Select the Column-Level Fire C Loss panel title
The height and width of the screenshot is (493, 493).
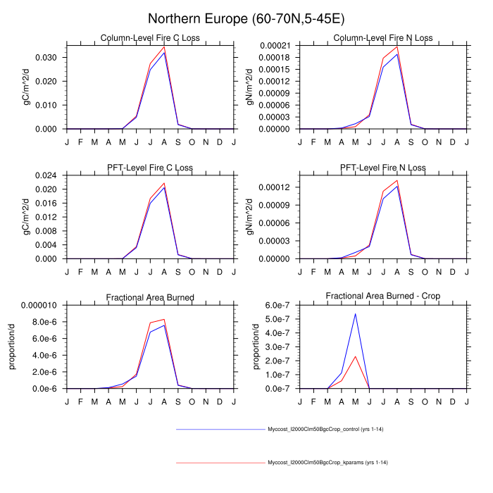(x=150, y=38)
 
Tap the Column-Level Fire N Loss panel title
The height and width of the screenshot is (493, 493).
(x=383, y=38)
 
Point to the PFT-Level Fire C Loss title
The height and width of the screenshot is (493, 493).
(x=150, y=168)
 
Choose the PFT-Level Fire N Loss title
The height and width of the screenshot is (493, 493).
(x=383, y=168)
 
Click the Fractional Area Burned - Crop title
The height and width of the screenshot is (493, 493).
(x=383, y=297)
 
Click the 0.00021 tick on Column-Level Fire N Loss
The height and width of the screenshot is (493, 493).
(x=275, y=45)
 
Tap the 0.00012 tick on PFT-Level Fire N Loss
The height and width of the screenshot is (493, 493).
(x=275, y=187)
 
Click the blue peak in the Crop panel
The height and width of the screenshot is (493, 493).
(x=355, y=314)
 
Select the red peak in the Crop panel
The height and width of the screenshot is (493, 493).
(x=355, y=356)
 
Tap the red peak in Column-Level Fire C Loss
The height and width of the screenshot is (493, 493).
(x=164, y=47)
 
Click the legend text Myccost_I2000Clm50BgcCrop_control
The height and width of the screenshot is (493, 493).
(x=325, y=429)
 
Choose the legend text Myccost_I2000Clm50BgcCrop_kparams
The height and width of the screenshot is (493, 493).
(x=327, y=463)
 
